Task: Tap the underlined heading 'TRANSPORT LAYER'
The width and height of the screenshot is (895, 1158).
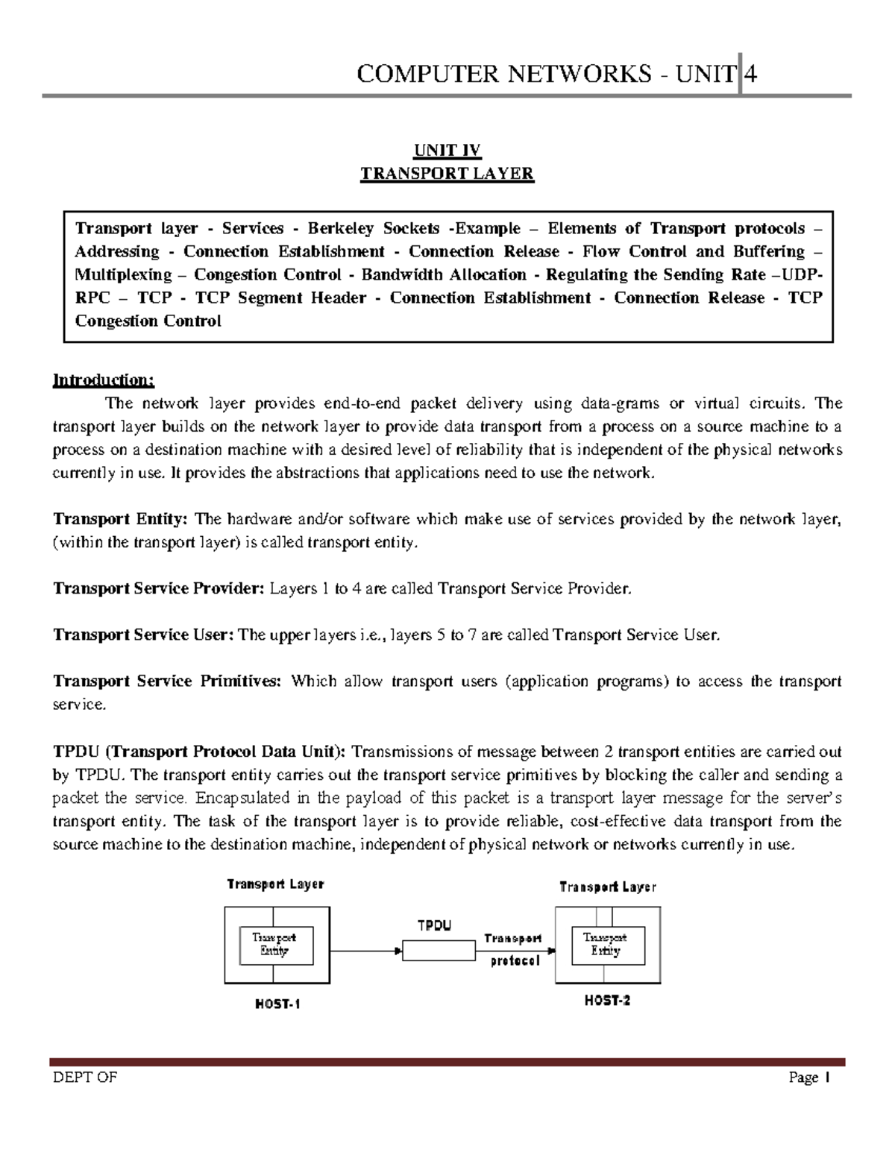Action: click(447, 174)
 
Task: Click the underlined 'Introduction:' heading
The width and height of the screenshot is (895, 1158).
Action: click(103, 380)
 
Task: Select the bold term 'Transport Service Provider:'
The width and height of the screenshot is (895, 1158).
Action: click(158, 589)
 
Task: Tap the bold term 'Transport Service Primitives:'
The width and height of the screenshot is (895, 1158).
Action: click(167, 682)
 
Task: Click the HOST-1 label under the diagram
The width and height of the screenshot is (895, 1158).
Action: click(277, 1004)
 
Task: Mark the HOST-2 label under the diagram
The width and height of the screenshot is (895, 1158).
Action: click(607, 1001)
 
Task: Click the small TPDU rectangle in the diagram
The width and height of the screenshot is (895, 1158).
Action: click(439, 951)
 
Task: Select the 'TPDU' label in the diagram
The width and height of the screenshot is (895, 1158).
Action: click(434, 926)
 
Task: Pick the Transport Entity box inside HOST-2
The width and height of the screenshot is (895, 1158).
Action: click(605, 944)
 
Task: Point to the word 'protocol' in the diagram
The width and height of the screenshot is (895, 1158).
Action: click(514, 962)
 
